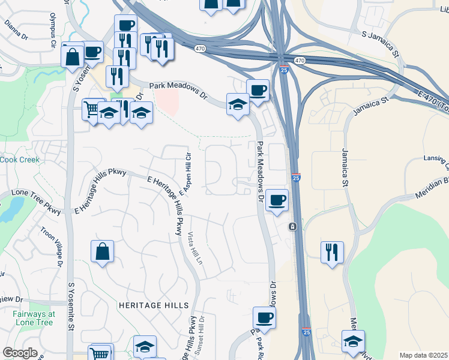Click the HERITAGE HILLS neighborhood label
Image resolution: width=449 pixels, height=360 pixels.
tap(149, 305)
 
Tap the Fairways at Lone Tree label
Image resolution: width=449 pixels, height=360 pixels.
tap(34, 318)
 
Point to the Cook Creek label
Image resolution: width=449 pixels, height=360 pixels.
tap(19, 160)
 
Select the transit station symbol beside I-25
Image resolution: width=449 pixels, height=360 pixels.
tap(292, 226)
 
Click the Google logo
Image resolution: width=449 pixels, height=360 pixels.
tap(20, 353)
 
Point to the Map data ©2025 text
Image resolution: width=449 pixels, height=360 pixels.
tap(423, 355)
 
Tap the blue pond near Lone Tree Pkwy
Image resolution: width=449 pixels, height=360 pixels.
tap(8, 208)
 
